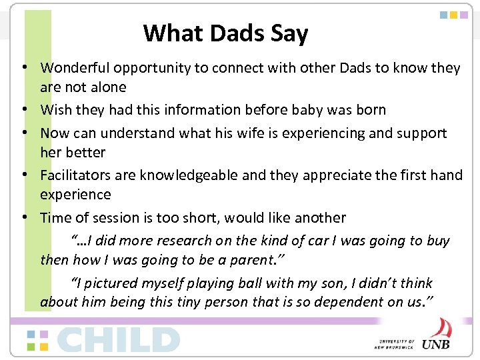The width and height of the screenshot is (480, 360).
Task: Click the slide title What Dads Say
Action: coord(225,33)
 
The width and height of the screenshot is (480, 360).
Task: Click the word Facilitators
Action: coord(75,175)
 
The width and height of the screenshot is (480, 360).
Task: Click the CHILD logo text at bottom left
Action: coord(119,339)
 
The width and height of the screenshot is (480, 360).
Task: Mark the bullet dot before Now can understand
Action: coord(23,133)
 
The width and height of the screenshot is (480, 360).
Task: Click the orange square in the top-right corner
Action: coord(453,14)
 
